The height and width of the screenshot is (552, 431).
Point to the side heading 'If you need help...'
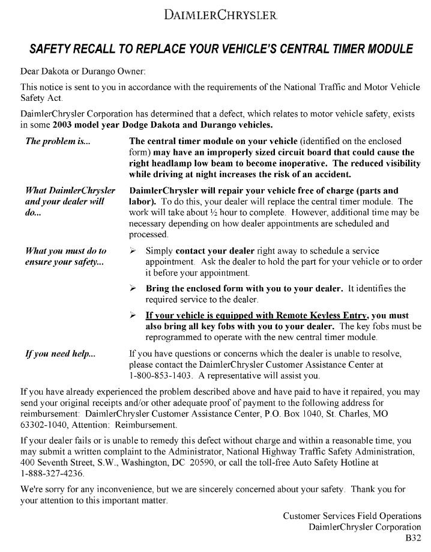tap(60, 354)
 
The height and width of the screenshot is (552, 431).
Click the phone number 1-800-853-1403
tap(160, 376)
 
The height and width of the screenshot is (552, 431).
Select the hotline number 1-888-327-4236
tap(50, 473)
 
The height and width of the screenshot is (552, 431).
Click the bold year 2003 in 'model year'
tap(64, 126)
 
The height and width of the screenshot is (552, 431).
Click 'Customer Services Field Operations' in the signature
tap(352, 515)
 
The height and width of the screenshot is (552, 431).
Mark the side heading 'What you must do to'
tap(65, 250)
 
